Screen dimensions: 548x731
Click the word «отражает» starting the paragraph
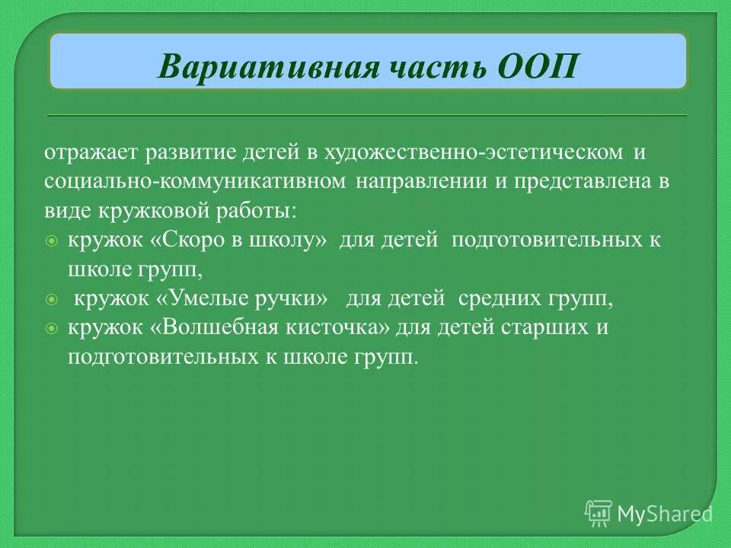point(81,153)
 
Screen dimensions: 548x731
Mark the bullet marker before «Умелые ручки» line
point(51,301)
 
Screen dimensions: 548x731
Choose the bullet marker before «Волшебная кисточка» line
point(51,330)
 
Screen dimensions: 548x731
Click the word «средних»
point(496,299)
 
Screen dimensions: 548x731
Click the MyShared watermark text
point(664,513)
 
